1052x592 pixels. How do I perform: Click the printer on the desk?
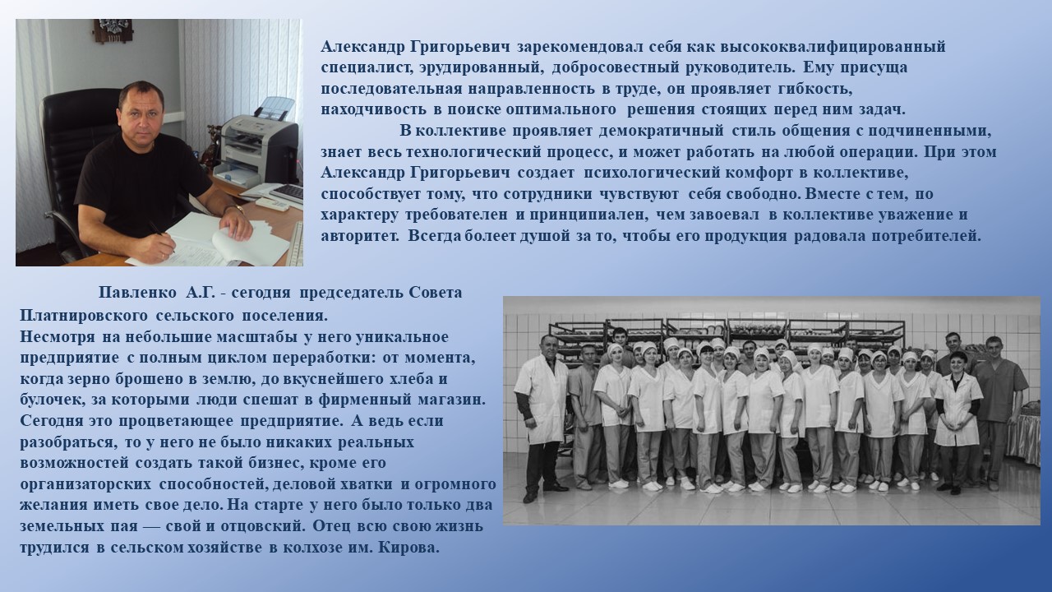[259, 141]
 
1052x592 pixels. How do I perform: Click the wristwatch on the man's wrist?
[238, 209]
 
